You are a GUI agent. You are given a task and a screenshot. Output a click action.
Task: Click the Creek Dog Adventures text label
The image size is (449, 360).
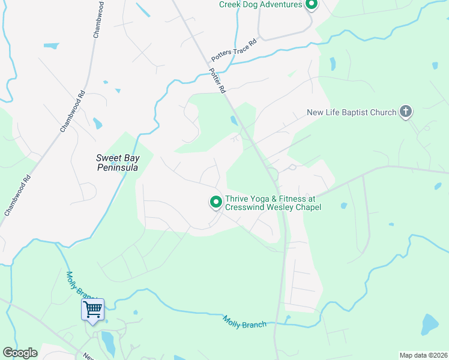point(260,5)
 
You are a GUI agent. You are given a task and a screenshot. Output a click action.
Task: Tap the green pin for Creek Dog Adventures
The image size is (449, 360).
point(311,5)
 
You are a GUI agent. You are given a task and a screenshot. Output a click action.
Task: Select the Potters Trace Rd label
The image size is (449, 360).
point(234,50)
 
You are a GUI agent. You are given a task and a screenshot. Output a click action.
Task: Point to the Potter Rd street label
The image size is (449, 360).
point(217,80)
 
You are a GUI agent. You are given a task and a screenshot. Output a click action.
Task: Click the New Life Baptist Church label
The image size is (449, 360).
point(351,112)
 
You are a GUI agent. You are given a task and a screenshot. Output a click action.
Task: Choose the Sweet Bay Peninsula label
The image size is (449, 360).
point(118,163)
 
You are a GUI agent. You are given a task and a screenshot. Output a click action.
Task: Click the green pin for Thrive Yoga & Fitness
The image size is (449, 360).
point(215,202)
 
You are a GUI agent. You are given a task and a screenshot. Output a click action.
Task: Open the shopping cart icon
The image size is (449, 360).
point(93,310)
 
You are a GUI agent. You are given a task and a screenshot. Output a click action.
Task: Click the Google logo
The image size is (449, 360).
point(20,353)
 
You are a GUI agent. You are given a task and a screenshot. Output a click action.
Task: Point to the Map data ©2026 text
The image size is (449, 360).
point(423,355)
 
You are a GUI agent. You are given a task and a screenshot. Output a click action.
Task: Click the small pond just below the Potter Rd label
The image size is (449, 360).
point(233,121)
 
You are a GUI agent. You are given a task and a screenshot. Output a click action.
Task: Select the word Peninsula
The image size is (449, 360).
point(118,168)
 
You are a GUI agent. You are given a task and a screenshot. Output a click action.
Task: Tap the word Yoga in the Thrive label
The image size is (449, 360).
point(258,199)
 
